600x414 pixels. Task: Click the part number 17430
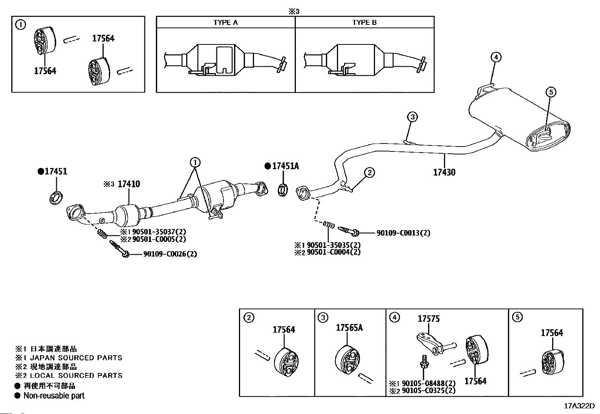click(x=444, y=173)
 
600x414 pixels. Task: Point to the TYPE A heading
click(x=225, y=23)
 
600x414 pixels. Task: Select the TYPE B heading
click(x=364, y=23)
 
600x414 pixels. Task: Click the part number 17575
click(x=429, y=319)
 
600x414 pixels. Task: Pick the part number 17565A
click(x=349, y=328)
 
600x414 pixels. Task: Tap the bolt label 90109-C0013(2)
click(x=403, y=233)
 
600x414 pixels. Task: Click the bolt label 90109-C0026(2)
click(x=170, y=254)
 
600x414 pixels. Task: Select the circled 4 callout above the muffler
click(x=496, y=57)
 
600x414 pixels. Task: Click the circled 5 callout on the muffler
click(x=550, y=92)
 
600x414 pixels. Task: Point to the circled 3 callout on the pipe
click(x=412, y=117)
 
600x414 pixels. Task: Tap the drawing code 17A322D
click(x=579, y=406)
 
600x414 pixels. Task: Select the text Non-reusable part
click(x=54, y=396)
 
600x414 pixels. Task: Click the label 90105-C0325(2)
click(x=428, y=391)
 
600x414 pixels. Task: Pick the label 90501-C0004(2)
click(x=333, y=252)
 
